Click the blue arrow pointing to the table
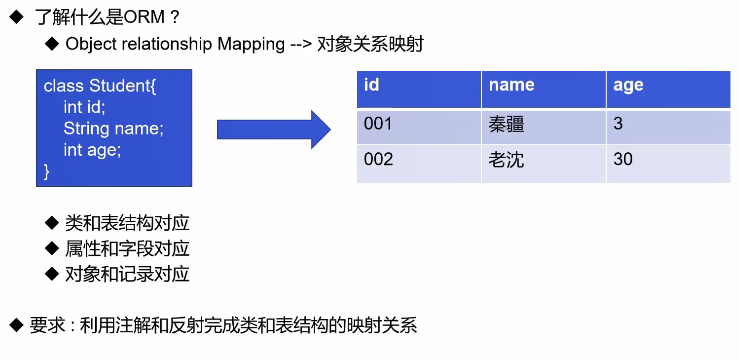274,129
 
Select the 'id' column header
419,90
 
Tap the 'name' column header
543,90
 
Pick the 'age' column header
668,90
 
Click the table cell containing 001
419,126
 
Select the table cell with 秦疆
543,126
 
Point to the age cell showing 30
668,164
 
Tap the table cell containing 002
419,164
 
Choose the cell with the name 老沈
543,164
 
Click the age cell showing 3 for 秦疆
668,126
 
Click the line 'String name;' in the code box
114,129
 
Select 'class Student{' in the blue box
100,86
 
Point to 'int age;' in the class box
92,150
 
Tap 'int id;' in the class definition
84,107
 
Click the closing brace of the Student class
46,172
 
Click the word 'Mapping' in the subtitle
251,45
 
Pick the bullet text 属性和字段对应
127,248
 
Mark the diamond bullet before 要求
16,325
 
